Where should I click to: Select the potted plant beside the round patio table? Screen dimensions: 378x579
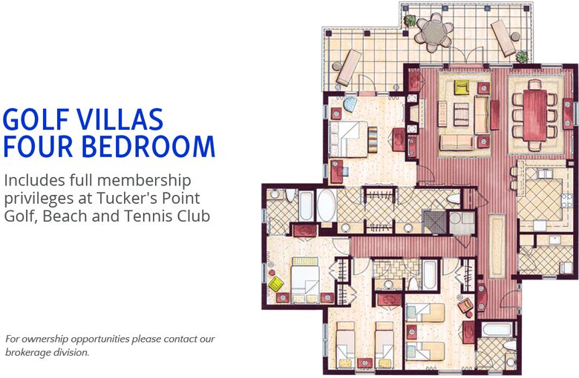[x=410, y=21]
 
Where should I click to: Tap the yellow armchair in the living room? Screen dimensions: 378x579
[x=462, y=87]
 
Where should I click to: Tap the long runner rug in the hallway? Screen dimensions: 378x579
[x=495, y=245]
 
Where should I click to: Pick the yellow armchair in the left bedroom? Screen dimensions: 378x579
[x=276, y=283]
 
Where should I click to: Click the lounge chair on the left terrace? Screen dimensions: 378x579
[x=347, y=67]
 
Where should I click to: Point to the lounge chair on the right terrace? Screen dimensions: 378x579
[x=503, y=37]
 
